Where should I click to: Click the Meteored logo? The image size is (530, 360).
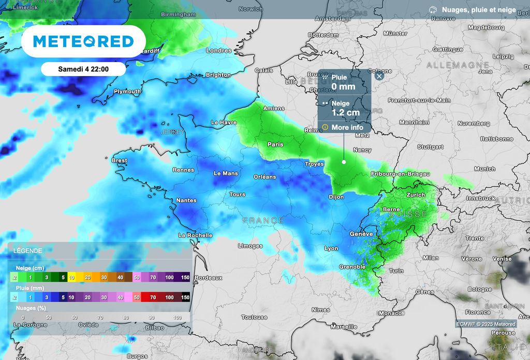click(83, 41)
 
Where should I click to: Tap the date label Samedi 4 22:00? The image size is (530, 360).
click(83, 69)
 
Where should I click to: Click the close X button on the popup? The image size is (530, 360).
click(379, 76)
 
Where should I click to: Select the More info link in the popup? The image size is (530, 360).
click(346, 127)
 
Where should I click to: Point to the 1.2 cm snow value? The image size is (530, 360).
click(345, 112)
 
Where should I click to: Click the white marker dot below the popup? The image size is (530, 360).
click(344, 162)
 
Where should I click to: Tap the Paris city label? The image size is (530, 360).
click(275, 144)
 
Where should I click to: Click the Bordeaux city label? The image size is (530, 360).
click(209, 278)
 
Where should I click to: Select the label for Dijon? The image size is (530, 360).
click(336, 197)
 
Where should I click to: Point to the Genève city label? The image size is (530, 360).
click(361, 234)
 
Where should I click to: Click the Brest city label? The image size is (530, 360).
click(119, 160)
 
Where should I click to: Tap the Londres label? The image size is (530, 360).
click(219, 51)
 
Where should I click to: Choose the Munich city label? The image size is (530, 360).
click(484, 169)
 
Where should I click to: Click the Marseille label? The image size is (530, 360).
click(344, 326)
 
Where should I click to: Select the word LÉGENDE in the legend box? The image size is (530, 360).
click(28, 250)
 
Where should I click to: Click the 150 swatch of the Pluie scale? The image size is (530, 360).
click(185, 297)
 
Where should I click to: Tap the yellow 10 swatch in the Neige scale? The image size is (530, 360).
click(72, 278)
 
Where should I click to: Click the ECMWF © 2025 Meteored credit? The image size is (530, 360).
click(485, 324)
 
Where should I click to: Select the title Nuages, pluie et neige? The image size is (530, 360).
click(479, 9)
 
